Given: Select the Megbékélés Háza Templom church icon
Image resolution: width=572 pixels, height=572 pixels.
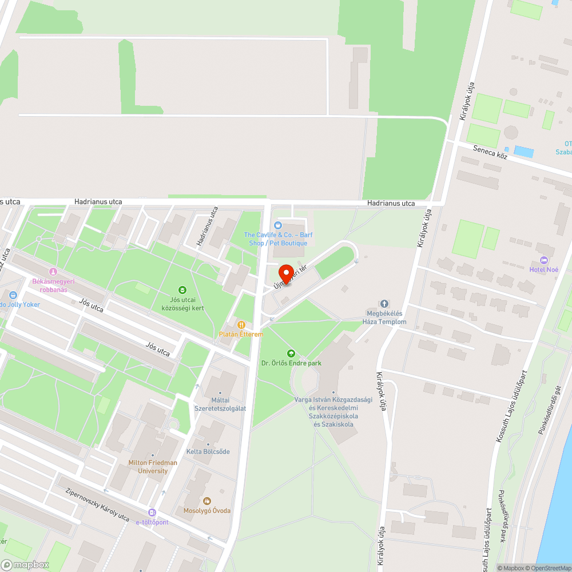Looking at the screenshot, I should click(384, 303).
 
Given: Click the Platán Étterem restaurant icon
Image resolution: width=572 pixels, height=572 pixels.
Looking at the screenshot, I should click(241, 324).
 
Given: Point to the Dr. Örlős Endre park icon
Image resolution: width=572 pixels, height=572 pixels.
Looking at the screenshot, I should click(291, 353).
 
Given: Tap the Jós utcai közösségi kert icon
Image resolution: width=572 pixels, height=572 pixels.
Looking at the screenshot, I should click(182, 290).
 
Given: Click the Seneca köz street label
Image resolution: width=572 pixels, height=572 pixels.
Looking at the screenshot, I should click(491, 152).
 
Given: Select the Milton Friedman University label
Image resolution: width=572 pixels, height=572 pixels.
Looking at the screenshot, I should click(153, 467).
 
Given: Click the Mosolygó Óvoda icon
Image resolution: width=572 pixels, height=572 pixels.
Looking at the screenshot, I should click(207, 501).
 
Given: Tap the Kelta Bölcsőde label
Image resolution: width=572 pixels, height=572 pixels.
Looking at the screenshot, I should click(208, 452).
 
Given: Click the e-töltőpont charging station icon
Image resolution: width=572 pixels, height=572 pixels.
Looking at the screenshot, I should click(152, 513).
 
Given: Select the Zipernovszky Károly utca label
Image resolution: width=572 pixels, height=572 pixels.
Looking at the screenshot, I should click(97, 504).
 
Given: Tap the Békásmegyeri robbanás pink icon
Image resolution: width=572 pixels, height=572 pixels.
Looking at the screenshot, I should click(53, 272).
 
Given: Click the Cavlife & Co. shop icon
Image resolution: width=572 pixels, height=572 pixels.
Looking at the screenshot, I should click(278, 225).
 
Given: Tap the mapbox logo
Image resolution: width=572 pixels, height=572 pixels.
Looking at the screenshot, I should click(25, 565).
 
